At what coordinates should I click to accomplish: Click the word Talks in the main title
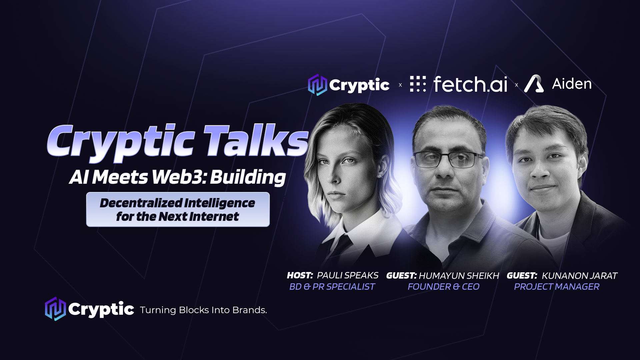click(x=256, y=141)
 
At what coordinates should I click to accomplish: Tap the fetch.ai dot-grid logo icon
click(x=418, y=84)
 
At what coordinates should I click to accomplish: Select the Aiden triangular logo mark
click(x=534, y=83)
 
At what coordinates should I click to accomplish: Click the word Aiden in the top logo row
click(x=572, y=84)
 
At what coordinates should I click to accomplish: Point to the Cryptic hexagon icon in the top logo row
click(x=317, y=85)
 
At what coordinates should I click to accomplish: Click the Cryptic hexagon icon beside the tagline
click(x=55, y=309)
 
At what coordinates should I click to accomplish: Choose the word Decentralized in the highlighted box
click(x=141, y=203)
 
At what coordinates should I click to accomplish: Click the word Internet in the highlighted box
click(x=214, y=217)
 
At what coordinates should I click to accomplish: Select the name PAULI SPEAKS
click(x=347, y=275)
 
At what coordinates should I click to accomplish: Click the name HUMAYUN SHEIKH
click(x=459, y=276)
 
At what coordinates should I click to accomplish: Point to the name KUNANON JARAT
click(x=579, y=276)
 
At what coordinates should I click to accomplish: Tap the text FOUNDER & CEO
click(x=443, y=287)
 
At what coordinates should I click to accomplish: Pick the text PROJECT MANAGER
click(x=556, y=287)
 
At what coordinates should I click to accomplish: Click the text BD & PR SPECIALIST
click(x=332, y=287)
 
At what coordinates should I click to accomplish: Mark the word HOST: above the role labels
click(x=300, y=275)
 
